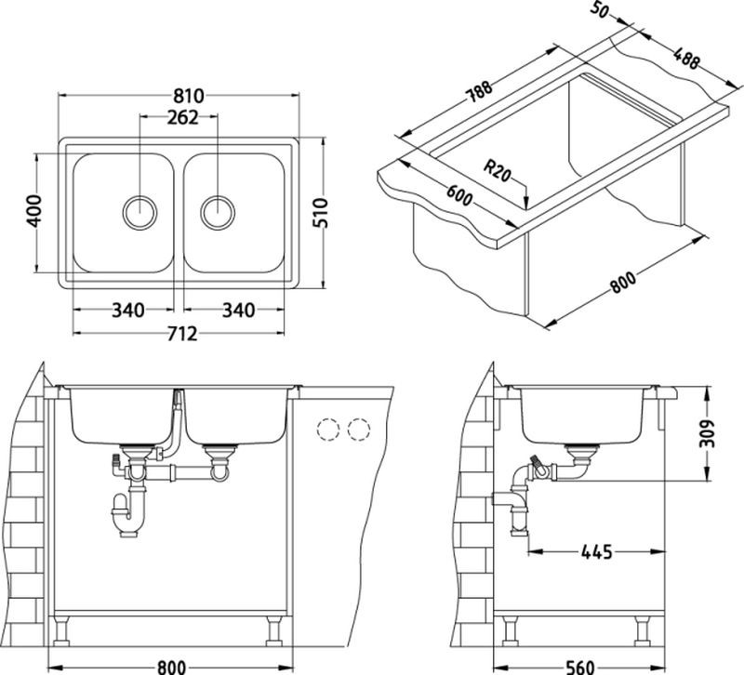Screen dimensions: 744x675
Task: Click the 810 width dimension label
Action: click(189, 96)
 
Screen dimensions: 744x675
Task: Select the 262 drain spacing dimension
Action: click(182, 118)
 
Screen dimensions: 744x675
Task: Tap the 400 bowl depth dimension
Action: click(33, 211)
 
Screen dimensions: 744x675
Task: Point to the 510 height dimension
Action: click(320, 213)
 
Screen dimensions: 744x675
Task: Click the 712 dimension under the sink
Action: click(182, 334)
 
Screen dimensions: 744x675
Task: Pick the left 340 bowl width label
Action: click(127, 311)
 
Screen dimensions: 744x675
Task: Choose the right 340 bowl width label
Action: click(239, 311)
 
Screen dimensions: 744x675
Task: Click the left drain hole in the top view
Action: click(140, 212)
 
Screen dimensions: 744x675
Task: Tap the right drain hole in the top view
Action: click(218, 212)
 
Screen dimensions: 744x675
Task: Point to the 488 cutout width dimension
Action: click(686, 58)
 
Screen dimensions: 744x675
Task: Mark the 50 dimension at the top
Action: click(600, 9)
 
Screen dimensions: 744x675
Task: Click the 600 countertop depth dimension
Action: click(459, 195)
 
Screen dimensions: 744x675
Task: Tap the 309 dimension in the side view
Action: click(707, 433)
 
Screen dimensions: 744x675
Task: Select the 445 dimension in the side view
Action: click(596, 551)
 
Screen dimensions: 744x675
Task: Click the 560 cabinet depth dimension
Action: click(579, 667)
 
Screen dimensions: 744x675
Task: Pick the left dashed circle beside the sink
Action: click(328, 430)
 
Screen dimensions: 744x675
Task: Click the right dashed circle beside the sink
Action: click(359, 430)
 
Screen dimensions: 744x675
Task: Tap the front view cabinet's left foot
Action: click(61, 630)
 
